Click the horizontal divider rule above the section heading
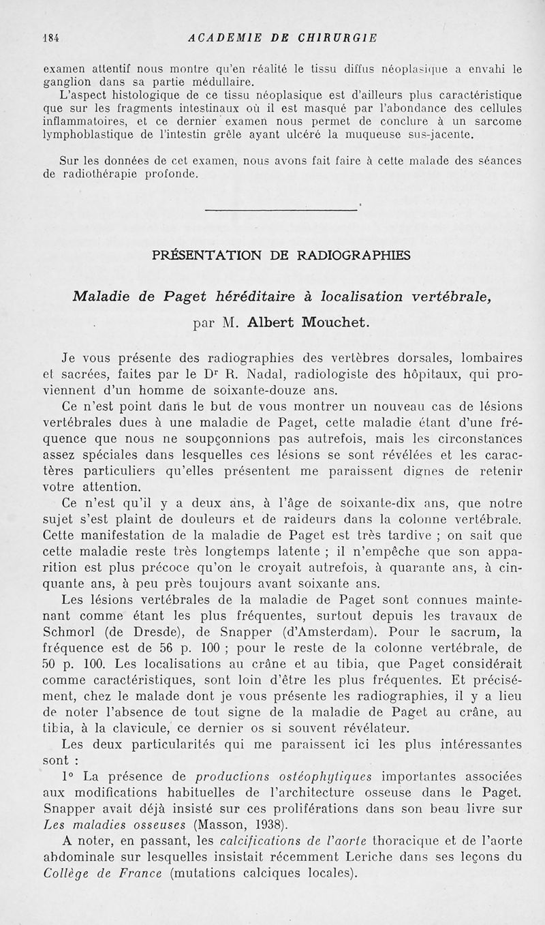(x=280, y=210)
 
